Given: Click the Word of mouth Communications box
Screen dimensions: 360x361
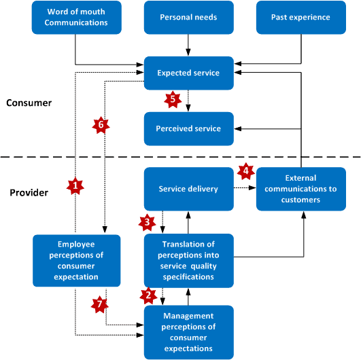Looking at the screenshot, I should point(78,17).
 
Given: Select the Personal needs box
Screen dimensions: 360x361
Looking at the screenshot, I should point(189,17).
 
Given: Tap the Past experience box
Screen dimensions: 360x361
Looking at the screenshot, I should point(300,17).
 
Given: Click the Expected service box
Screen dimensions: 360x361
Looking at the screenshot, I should point(188,73).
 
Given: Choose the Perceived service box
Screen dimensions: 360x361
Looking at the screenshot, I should point(188,128).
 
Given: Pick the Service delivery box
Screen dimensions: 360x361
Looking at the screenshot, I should point(188,189).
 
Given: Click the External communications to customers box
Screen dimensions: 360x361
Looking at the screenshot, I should point(301,190).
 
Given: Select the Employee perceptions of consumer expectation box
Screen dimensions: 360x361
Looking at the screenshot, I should point(78,259).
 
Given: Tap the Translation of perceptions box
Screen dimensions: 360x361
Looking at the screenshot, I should point(188,259).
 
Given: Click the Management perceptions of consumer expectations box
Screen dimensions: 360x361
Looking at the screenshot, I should point(188,331).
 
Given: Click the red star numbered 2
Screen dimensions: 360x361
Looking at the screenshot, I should point(145,295).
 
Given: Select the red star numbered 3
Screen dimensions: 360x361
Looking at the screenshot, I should point(145,221).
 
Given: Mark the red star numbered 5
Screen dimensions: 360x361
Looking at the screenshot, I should point(173,98).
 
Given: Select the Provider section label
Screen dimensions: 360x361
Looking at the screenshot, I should point(29,192).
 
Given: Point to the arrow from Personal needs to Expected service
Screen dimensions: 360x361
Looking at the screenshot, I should point(188,45).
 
